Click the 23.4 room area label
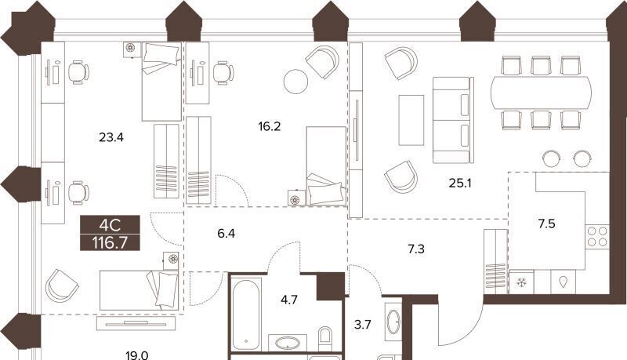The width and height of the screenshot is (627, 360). tap(111, 138)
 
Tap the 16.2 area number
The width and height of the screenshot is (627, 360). tap(270, 127)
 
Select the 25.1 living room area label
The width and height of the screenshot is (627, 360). tap(460, 184)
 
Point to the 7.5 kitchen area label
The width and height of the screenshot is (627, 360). tap(546, 224)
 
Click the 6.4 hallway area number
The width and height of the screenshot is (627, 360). tap(227, 233)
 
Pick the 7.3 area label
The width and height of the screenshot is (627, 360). tap(416, 249)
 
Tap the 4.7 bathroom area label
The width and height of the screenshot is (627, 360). tap(288, 300)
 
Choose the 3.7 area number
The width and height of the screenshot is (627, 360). tap(362, 325)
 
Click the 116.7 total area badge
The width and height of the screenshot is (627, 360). tap(110, 243)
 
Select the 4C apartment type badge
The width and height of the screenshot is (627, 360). tap(110, 226)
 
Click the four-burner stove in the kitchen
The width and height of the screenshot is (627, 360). tap(597, 236)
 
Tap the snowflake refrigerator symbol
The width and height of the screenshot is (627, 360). tap(521, 283)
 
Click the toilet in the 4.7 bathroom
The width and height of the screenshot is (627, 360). tap(325, 338)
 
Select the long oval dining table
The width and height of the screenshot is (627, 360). tap(542, 93)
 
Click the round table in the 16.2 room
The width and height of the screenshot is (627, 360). tap(296, 82)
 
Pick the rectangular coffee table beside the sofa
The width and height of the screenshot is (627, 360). tap(411, 120)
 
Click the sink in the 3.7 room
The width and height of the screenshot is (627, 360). tap(393, 321)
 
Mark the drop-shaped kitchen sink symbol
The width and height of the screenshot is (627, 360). tap(564, 282)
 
